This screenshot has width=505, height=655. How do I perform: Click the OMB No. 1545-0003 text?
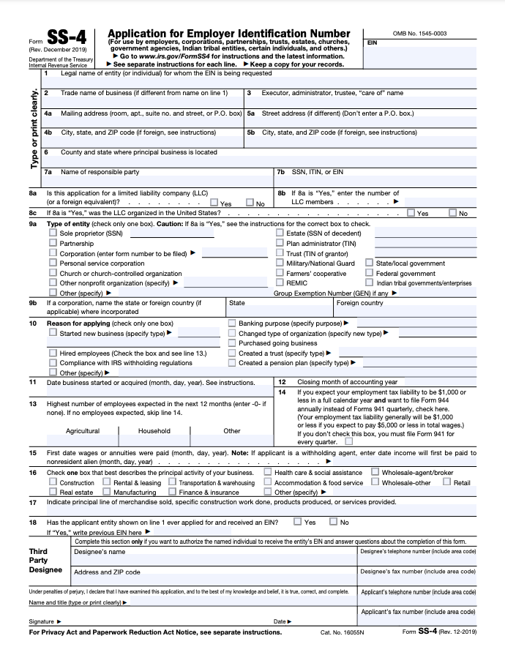click(419, 34)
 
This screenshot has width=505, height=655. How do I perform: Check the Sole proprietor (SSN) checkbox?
click(53, 233)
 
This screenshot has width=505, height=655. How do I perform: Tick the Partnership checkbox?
click(53, 243)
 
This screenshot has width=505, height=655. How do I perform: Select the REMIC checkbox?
click(280, 282)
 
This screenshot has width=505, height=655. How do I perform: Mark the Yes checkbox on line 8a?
click(213, 203)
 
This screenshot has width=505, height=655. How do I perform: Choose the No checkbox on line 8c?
click(452, 213)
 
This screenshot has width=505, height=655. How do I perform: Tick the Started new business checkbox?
click(53, 333)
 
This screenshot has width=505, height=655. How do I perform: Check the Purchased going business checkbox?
click(232, 343)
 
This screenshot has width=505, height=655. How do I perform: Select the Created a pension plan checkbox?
click(232, 362)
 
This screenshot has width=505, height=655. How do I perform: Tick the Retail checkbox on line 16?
click(446, 482)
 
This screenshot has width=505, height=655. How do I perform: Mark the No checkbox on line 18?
click(332, 522)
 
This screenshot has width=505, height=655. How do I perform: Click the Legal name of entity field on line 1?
click(256, 82)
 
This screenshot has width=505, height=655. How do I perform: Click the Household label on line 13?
click(154, 431)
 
